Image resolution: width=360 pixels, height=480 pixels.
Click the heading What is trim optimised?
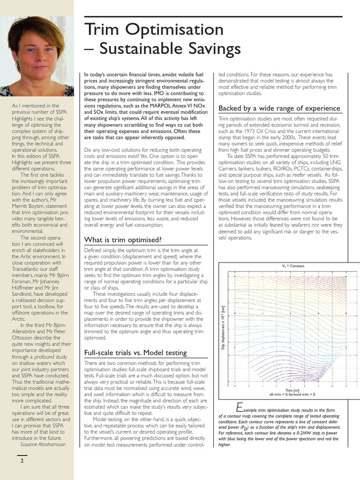pyautogui.click(x=122, y=240)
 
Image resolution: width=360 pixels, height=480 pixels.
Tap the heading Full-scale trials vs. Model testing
pyautogui.click(x=135, y=352)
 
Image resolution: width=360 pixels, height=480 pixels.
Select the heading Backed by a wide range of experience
pyautogui.click(x=279, y=109)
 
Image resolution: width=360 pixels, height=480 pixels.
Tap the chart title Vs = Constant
pyautogui.click(x=293, y=266)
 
